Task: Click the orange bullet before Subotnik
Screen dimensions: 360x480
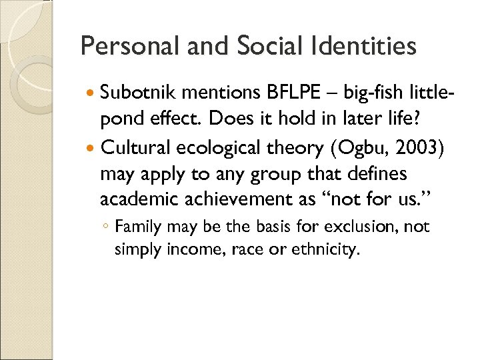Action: tap(91, 91)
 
